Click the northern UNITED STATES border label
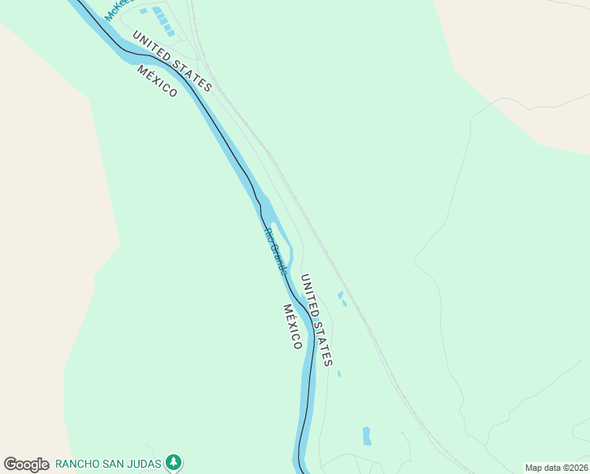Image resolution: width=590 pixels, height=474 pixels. pyautogui.click(x=172, y=61)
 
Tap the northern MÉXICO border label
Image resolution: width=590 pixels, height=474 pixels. pyautogui.click(x=157, y=81)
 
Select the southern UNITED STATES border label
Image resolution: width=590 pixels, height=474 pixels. pyautogui.click(x=316, y=320)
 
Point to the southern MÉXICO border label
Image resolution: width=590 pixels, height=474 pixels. pyautogui.click(x=293, y=326)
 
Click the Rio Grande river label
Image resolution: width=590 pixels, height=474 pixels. pyautogui.click(x=274, y=251)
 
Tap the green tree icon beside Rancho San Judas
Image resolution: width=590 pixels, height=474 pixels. pyautogui.click(x=174, y=463)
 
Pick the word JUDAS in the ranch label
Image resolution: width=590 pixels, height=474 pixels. pyautogui.click(x=146, y=464)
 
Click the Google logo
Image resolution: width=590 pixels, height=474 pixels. pyautogui.click(x=26, y=465)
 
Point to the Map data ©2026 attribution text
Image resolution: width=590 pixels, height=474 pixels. pyautogui.click(x=556, y=468)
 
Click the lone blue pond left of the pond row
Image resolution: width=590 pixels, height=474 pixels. pyautogui.click(x=143, y=11)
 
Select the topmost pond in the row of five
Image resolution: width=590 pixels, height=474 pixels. pyautogui.click(x=157, y=10)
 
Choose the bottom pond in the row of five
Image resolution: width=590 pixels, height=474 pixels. pyautogui.click(x=171, y=33)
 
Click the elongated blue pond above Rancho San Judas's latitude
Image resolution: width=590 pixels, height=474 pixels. pyautogui.click(x=367, y=435)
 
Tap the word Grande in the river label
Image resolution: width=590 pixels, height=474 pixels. pyautogui.click(x=278, y=259)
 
